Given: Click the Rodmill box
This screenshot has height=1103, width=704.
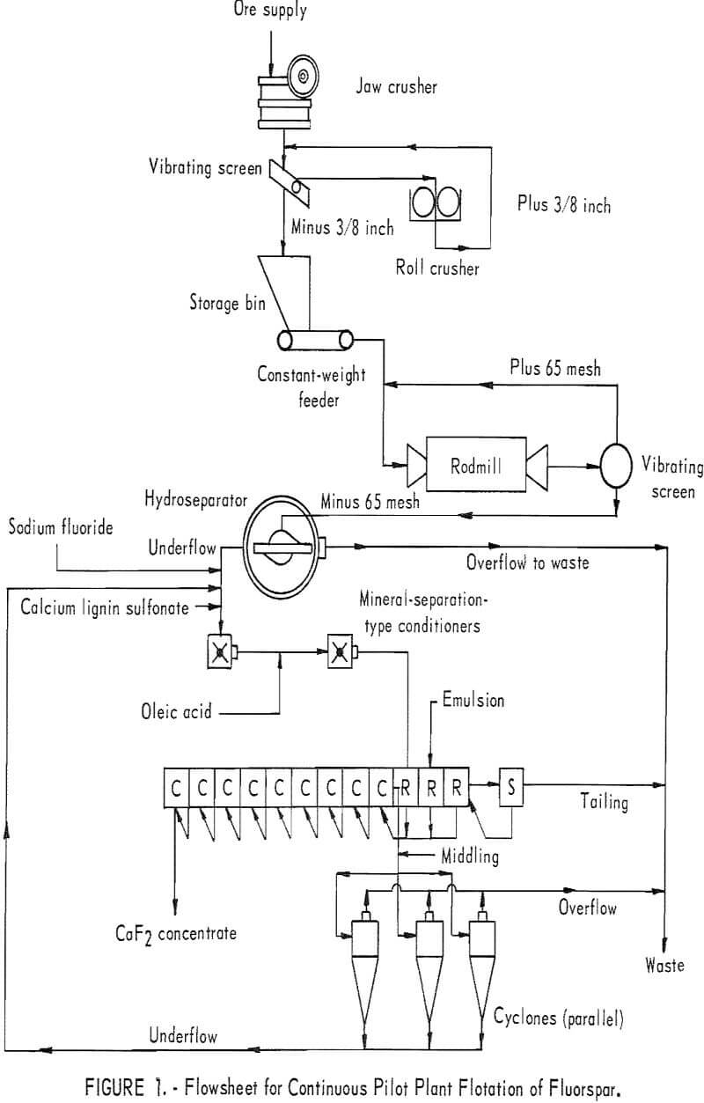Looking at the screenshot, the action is [476, 464].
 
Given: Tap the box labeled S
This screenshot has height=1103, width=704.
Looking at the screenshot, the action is [511, 787].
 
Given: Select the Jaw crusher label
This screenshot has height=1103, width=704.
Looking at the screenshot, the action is [396, 87].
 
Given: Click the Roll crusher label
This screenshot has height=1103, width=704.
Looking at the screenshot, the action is [437, 268].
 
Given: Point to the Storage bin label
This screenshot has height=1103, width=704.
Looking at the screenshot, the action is [227, 303].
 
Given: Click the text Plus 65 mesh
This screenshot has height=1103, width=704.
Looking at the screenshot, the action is [555, 368].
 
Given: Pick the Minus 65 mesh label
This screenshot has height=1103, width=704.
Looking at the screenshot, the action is [370, 501].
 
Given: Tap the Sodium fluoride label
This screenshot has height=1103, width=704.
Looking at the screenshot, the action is [61, 527].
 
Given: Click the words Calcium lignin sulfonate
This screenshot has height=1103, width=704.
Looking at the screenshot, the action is [105, 607].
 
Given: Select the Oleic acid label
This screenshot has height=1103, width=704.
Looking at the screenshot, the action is [176, 711].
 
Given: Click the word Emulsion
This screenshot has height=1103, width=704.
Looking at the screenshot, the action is [473, 700].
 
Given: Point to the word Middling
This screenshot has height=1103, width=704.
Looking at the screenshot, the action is [470, 857].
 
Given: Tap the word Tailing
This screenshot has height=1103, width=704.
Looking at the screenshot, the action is [604, 801].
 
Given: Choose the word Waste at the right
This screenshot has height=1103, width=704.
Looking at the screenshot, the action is [664, 964].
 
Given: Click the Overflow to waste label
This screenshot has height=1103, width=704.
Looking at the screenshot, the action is [527, 563].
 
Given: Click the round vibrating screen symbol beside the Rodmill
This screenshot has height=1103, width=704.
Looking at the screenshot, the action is [616, 466].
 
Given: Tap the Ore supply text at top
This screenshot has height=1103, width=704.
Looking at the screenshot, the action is [270, 10].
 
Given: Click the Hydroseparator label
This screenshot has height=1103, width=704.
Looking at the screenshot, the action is [196, 500].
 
